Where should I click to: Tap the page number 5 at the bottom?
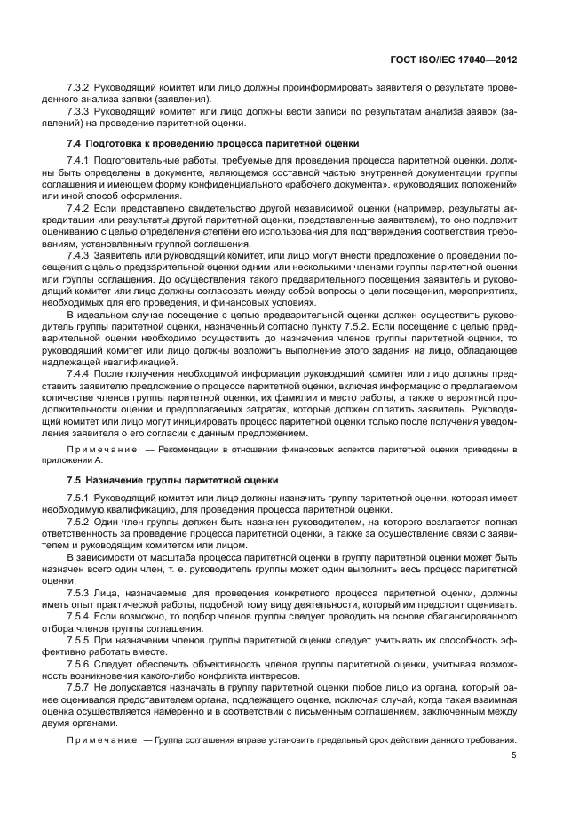coord(514,756)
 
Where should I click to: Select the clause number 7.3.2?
coord(80,90)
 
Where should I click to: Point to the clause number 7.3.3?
coord(80,113)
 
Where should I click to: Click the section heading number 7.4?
coord(75,142)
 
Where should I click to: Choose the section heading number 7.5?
coord(75,479)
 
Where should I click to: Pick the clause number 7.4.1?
coord(80,160)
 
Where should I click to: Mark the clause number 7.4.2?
coord(80,206)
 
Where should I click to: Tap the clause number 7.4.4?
coord(80,373)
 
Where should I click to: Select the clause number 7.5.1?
coord(80,499)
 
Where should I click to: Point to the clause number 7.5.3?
coord(80,591)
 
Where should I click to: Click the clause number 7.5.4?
coord(80,614)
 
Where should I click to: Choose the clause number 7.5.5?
coord(80,637)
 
